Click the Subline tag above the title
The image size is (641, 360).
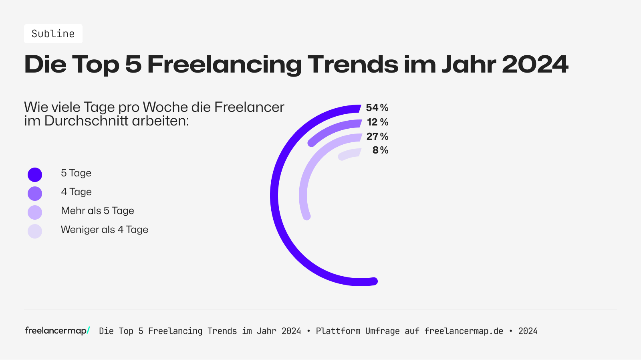click(53, 34)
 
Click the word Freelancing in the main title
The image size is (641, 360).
click(224, 64)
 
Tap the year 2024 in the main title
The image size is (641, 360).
click(534, 64)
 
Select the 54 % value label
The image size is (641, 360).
click(377, 107)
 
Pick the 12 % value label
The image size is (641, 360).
click(377, 122)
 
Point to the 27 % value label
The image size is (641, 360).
click(377, 136)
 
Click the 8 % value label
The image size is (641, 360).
click(380, 150)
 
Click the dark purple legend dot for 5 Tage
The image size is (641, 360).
click(35, 175)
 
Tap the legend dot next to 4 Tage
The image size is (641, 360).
click(35, 194)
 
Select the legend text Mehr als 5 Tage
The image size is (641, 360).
click(97, 211)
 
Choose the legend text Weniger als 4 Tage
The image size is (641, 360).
click(104, 230)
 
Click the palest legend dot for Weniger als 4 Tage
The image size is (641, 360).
click(35, 231)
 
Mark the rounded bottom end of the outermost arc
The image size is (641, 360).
click(373, 281)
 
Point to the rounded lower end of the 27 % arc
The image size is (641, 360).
click(306, 216)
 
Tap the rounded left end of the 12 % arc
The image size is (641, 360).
click(312, 143)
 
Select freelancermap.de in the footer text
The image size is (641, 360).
click(464, 331)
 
